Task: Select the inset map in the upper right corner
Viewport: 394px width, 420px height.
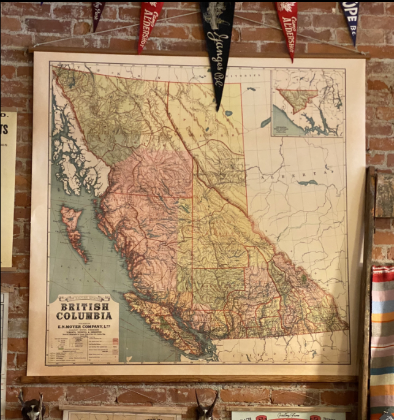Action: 308,103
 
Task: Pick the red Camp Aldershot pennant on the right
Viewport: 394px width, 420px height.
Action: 287,25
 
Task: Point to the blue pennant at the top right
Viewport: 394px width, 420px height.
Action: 350,18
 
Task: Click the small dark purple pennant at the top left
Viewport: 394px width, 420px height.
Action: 98,12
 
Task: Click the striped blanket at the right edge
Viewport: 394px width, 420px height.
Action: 382,337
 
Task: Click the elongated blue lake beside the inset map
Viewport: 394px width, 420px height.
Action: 265,122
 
